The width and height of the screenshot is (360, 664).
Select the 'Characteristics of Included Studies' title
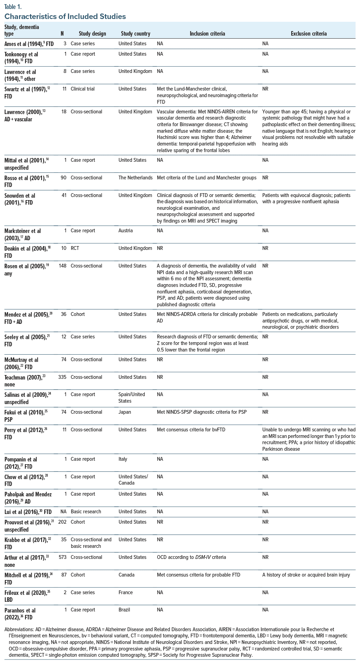(x=65, y=16)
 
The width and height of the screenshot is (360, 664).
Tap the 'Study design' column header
(x=92, y=34)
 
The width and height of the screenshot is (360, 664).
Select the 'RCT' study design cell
(x=75, y=248)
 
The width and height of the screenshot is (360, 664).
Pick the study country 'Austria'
(x=125, y=231)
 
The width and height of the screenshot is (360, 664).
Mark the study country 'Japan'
(x=124, y=412)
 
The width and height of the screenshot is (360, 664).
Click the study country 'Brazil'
(x=124, y=610)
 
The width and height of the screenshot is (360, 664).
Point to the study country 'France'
(x=125, y=592)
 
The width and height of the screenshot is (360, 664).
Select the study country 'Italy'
(x=123, y=459)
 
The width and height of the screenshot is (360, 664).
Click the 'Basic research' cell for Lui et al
(x=86, y=512)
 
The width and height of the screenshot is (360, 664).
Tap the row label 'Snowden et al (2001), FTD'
(x=20, y=199)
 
